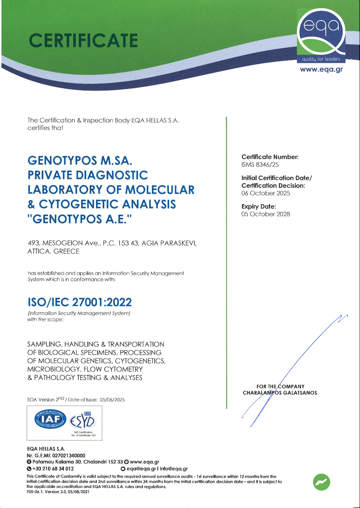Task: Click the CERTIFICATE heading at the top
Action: (83, 41)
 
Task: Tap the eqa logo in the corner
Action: (323, 38)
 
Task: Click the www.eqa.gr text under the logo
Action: (321, 69)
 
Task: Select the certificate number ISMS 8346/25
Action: (260, 165)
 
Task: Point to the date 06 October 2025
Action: (266, 193)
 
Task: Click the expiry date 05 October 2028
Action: (266, 214)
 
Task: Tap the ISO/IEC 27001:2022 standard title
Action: (79, 302)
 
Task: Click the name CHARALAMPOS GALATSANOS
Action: (280, 393)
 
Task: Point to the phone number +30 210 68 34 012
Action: (53, 469)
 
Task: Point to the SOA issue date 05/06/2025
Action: (113, 399)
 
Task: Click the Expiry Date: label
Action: (258, 206)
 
